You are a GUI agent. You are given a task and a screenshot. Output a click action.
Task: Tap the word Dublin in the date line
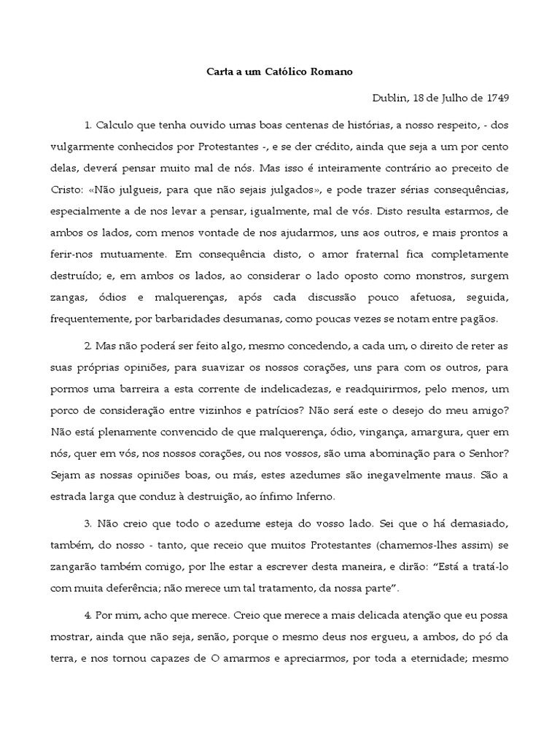point(389,98)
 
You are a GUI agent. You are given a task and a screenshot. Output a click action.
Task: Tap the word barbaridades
point(181,319)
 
